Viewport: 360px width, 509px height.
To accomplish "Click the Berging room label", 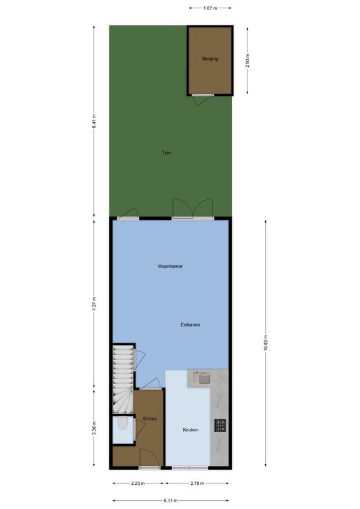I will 210,59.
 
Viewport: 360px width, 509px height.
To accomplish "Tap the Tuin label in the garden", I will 166,153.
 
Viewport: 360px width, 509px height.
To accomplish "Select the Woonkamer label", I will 170,266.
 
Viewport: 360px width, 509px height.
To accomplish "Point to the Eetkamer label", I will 191,324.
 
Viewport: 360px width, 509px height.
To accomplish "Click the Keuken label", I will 190,429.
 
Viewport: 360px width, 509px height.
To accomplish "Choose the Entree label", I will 150,418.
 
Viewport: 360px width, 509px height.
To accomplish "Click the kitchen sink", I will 204,380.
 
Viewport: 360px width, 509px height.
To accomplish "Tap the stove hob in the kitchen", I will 221,426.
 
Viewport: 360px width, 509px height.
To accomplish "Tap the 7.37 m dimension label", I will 94,302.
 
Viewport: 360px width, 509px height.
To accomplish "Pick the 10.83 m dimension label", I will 266,346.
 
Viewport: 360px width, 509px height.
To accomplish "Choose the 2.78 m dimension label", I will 198,484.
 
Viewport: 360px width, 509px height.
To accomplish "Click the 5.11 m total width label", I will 170,501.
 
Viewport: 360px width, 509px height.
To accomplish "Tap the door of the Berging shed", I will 204,95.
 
